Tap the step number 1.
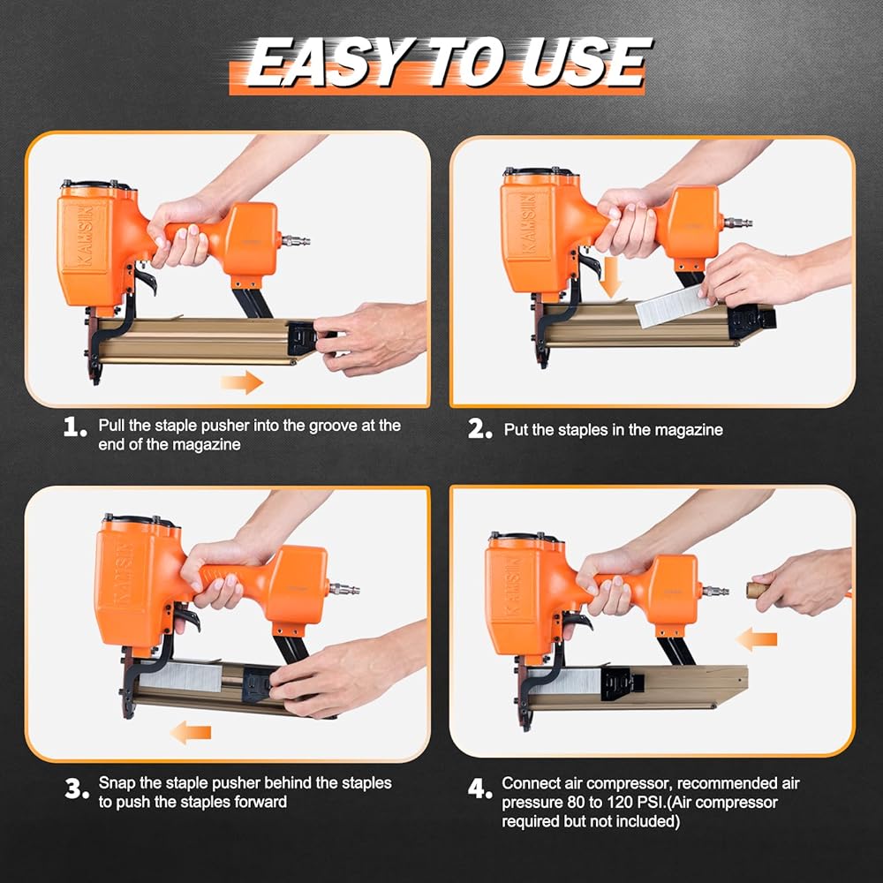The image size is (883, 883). click(75, 426)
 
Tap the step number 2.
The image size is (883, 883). click(479, 429)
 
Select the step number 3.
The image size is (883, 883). click(77, 789)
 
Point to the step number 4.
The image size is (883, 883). click(479, 789)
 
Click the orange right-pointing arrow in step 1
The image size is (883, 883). click(242, 382)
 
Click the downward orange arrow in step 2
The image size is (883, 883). click(610, 277)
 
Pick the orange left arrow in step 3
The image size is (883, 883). click(191, 732)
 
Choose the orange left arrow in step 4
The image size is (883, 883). click(757, 639)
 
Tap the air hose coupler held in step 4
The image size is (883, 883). click(758, 590)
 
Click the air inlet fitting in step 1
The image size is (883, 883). click(296, 242)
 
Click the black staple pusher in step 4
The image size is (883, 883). click(623, 683)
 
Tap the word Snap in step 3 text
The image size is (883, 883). click(117, 783)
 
